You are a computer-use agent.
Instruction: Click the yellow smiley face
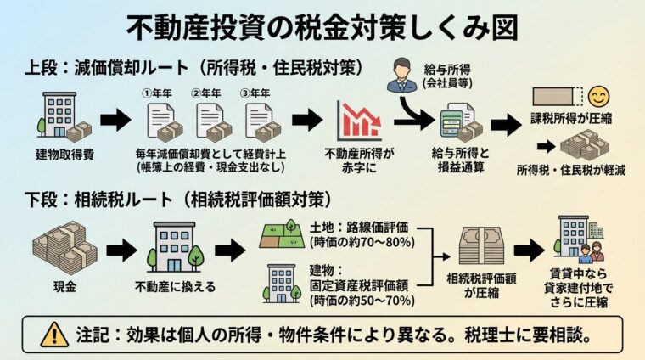[599, 95]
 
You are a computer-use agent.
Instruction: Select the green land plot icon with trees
[281, 233]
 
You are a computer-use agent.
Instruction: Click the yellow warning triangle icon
[54, 334]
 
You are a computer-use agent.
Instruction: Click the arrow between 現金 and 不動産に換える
[120, 249]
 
